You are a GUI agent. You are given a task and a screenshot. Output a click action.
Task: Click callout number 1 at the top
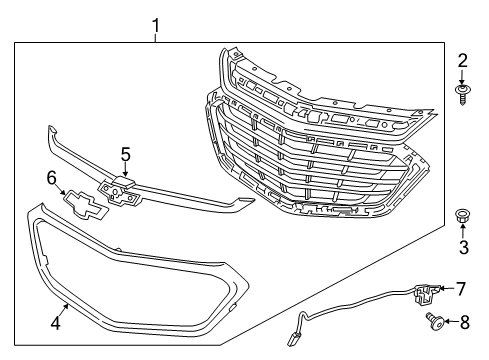tap(155, 22)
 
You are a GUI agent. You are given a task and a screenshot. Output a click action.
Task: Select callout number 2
tap(462, 60)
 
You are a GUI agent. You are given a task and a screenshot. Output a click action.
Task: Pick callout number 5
tap(125, 154)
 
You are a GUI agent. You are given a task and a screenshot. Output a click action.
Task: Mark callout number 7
tap(461, 289)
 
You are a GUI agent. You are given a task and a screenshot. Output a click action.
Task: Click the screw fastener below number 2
tap(462, 95)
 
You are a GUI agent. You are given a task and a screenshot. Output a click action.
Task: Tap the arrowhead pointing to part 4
tap(66, 306)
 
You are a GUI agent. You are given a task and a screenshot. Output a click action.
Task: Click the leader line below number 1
tap(155, 37)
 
